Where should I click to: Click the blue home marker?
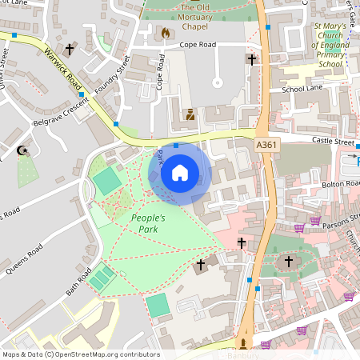180,173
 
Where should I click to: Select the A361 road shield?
267,145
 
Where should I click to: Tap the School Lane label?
302,89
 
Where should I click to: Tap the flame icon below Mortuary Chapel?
166,34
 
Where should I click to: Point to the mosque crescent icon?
22,150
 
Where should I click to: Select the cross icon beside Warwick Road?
70,50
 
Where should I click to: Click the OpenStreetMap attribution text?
80,354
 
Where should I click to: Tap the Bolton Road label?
343,182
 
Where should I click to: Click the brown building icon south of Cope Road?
190,114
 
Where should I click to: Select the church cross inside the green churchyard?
288,261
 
